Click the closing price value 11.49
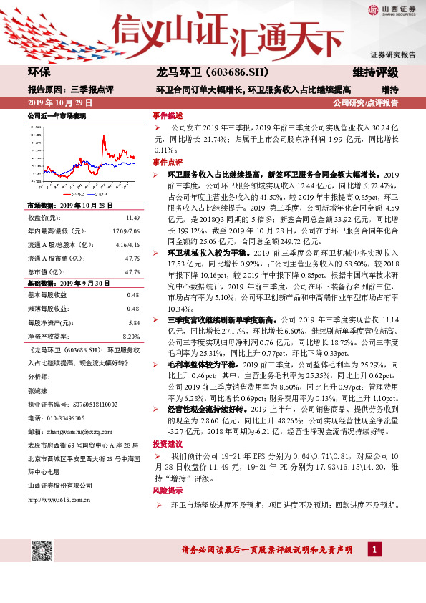(132, 217)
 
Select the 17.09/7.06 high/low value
(125, 231)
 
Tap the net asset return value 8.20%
(131, 336)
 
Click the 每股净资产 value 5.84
(133, 323)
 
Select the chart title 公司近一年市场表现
(57, 115)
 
